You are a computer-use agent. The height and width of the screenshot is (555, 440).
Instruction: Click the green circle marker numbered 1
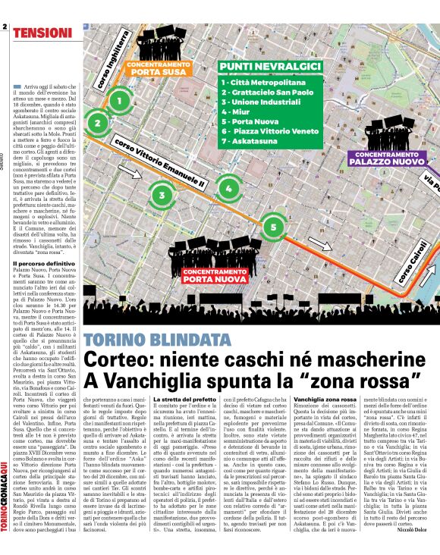(x=118, y=99)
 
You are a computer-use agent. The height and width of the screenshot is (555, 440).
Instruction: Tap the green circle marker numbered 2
(x=97, y=122)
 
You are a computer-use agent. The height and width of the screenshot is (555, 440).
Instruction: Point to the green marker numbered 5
(x=274, y=226)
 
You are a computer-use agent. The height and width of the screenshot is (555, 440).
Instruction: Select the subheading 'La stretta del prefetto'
(x=184, y=399)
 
